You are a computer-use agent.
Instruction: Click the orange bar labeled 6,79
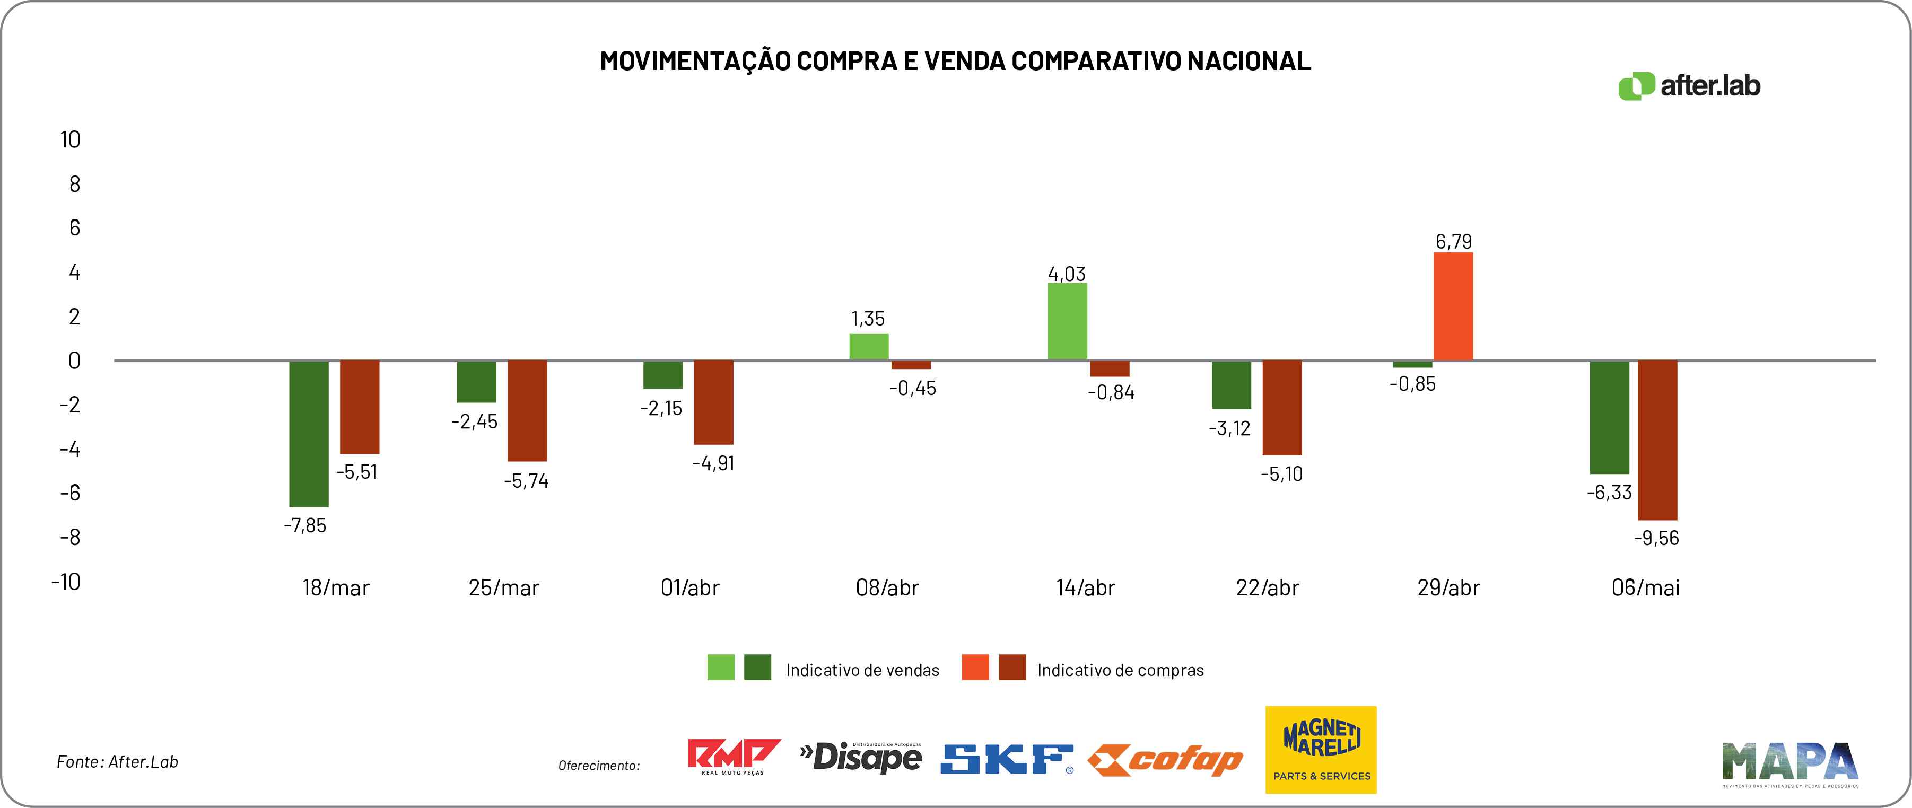point(1453,306)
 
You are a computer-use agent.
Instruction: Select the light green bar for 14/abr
point(1067,321)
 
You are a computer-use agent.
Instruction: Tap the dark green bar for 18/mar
point(309,433)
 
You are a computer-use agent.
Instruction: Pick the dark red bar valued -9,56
point(1657,440)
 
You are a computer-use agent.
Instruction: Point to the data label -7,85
point(305,525)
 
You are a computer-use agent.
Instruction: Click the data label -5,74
point(526,481)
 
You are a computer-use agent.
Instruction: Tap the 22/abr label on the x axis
point(1267,587)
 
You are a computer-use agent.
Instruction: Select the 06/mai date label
point(1645,587)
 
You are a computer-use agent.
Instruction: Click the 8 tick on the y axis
point(74,184)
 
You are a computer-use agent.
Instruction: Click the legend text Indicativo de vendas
point(862,670)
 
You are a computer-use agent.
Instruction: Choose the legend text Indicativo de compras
point(1120,670)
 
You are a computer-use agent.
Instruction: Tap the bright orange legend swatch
point(974,667)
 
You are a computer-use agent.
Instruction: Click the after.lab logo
point(1689,86)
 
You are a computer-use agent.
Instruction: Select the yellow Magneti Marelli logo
point(1321,749)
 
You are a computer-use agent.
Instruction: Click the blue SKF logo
point(1007,759)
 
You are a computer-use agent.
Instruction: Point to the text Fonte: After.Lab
point(117,761)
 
